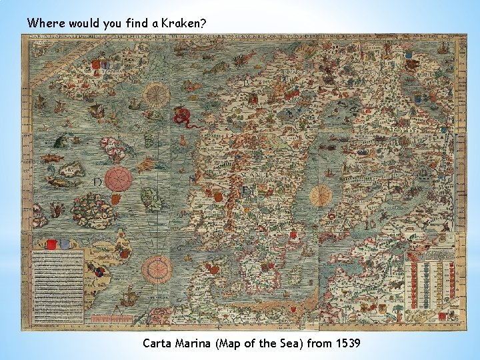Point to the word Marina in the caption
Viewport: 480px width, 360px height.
197,343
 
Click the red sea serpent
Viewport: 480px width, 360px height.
181,117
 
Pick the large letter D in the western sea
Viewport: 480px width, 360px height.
97,182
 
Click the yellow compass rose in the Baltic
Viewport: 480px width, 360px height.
321,195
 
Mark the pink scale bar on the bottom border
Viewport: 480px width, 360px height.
112,319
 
